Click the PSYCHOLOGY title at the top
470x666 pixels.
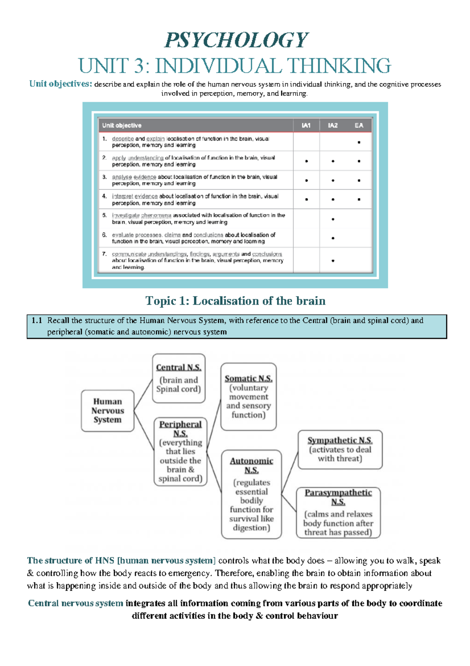pyautogui.click(x=237, y=40)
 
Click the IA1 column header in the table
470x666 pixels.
pyautogui.click(x=306, y=126)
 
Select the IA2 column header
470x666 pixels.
pyautogui.click(x=333, y=126)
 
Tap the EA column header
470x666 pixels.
pyautogui.click(x=359, y=126)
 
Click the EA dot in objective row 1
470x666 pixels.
pyautogui.click(x=359, y=142)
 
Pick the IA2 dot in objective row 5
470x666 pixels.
pyautogui.click(x=333, y=219)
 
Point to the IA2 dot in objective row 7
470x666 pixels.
pyautogui.click(x=333, y=261)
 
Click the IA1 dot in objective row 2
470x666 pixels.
pyautogui.click(x=306, y=161)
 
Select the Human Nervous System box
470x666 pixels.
pyautogui.click(x=107, y=411)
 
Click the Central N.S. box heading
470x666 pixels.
pyautogui.click(x=179, y=368)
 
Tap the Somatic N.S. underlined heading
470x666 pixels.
pyautogui.click(x=248, y=378)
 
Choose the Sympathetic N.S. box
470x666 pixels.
pyautogui.click(x=340, y=449)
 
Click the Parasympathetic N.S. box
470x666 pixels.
pyautogui.click(x=338, y=513)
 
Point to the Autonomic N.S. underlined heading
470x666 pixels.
pyautogui.click(x=251, y=465)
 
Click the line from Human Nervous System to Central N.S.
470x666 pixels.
pyautogui.click(x=143, y=395)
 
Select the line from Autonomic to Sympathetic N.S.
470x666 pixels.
pyautogui.click(x=290, y=472)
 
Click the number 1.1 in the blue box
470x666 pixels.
pyautogui.click(x=36, y=320)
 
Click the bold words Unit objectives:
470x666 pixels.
pyautogui.click(x=61, y=84)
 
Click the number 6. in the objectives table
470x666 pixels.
pyautogui.click(x=104, y=235)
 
